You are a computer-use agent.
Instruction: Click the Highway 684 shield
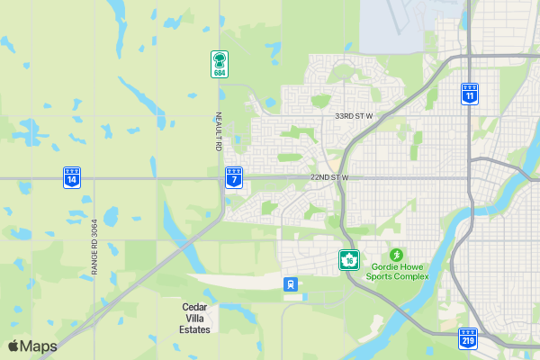click(x=219, y=64)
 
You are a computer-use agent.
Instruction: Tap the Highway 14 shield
click(x=71, y=176)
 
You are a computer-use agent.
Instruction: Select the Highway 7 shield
click(x=234, y=177)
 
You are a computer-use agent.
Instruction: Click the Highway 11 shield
click(x=470, y=93)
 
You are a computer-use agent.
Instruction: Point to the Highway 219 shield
click(x=468, y=338)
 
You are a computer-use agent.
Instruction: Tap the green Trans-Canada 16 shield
click(x=348, y=260)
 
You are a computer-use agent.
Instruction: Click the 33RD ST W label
click(x=354, y=116)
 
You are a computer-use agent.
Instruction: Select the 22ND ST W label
click(x=328, y=177)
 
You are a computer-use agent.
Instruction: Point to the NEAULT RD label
click(x=218, y=130)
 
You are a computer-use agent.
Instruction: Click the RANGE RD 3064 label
click(x=94, y=247)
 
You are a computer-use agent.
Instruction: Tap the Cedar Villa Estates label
click(x=194, y=319)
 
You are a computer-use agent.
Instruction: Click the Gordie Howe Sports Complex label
click(x=397, y=271)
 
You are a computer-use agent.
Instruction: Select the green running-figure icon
click(x=397, y=255)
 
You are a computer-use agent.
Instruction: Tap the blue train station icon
click(x=291, y=284)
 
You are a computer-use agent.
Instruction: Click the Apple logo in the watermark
click(x=13, y=346)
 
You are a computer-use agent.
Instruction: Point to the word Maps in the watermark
click(x=39, y=346)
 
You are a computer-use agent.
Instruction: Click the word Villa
click(x=194, y=319)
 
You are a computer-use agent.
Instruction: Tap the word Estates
click(x=194, y=329)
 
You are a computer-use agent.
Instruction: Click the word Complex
click(x=409, y=276)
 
